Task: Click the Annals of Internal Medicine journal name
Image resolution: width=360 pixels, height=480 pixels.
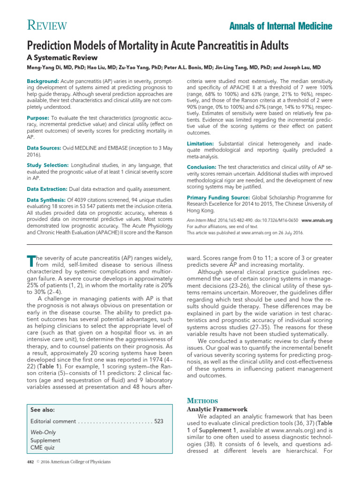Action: tap(281, 26)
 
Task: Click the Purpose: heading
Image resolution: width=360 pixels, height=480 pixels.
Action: tap(38, 117)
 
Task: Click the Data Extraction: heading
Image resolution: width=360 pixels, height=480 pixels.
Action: tap(47, 189)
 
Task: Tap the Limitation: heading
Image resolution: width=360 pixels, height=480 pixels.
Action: tap(201, 143)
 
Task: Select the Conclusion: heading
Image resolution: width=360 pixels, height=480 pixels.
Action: tap(202, 167)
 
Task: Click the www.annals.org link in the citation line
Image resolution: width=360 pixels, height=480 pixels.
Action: tap(316, 220)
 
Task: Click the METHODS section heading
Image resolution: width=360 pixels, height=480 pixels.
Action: tap(202, 401)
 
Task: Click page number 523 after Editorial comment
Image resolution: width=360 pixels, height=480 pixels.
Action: tap(159, 421)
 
